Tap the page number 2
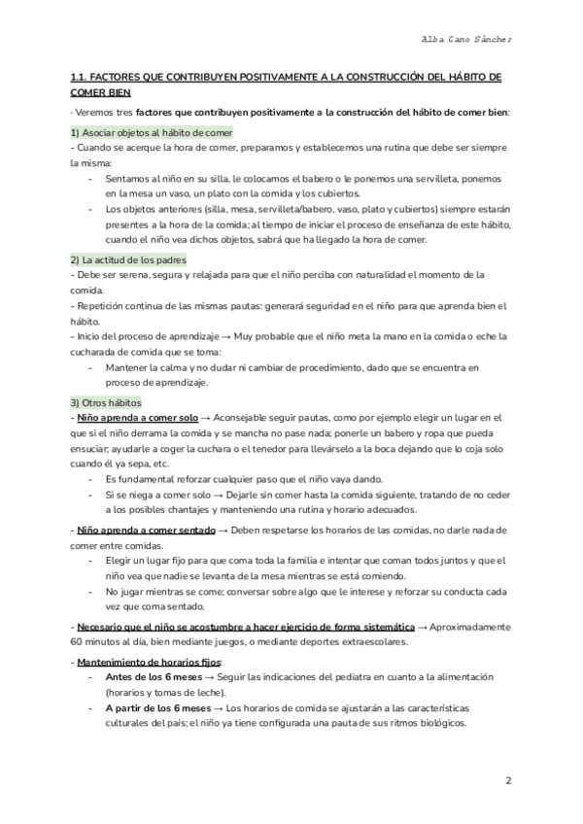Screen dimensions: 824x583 pos(508,782)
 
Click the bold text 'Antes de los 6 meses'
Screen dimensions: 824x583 pos(158,677)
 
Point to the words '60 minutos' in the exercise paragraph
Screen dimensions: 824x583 pos(96,642)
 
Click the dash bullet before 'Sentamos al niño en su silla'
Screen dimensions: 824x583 pos(91,179)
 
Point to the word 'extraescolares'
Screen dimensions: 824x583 pos(371,642)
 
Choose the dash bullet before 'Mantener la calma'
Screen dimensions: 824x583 pos(91,368)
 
